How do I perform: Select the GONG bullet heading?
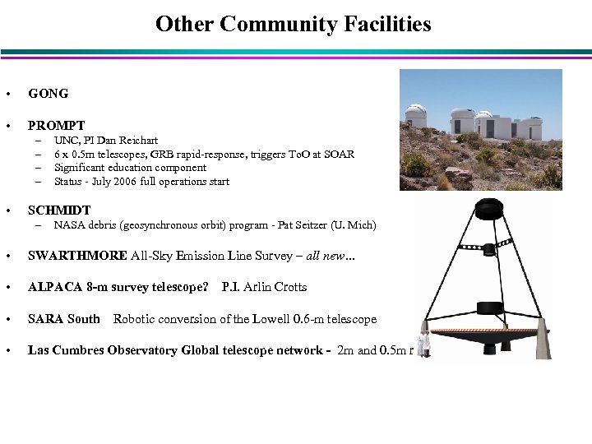(x=49, y=94)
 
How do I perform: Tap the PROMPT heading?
(x=56, y=126)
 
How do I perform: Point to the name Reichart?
(x=138, y=141)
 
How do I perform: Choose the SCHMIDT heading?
(x=59, y=210)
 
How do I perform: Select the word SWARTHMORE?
(x=77, y=256)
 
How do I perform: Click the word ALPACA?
(x=54, y=287)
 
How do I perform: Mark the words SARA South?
(x=64, y=319)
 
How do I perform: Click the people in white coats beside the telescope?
(x=423, y=344)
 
